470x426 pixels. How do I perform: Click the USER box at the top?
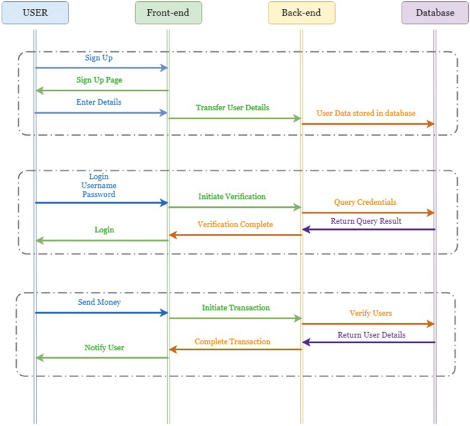(35, 13)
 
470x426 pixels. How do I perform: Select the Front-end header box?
(168, 13)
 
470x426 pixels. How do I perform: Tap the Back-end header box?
(301, 13)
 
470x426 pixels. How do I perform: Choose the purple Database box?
(435, 13)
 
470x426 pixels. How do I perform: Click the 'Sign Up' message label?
(99, 58)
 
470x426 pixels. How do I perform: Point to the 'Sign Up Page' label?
(99, 80)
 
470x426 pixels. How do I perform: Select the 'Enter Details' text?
(99, 102)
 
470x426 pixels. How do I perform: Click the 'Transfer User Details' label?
(232, 108)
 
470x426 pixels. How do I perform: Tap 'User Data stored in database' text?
(366, 113)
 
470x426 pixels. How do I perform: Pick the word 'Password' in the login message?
(99, 194)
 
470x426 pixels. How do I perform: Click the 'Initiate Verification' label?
(232, 197)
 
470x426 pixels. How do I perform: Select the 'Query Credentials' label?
(365, 202)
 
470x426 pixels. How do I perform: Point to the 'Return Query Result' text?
(366, 221)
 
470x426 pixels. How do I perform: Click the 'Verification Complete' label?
(235, 225)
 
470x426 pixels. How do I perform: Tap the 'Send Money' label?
(99, 302)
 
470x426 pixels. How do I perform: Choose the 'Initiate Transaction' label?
(236, 307)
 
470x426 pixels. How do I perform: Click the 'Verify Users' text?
(370, 313)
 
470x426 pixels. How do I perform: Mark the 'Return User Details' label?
(371, 335)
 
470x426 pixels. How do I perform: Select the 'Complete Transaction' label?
(232, 341)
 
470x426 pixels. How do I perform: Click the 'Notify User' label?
(104, 347)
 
